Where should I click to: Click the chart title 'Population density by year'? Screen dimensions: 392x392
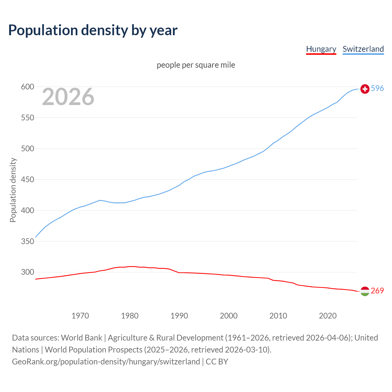coord(93,30)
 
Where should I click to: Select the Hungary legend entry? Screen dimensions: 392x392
coord(321,49)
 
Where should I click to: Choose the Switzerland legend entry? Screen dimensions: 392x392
coord(363,49)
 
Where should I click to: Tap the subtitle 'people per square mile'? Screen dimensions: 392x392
coord(196,65)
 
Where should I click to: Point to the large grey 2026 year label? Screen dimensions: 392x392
coord(68,97)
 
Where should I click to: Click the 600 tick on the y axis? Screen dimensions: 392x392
coord(27,87)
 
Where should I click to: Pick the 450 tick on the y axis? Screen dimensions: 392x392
coord(27,179)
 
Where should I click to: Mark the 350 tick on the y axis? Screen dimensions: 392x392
coord(27,241)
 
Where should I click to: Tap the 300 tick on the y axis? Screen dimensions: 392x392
coord(27,272)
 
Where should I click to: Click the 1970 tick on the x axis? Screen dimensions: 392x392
coord(80,315)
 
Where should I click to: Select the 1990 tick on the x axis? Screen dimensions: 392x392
coord(179,315)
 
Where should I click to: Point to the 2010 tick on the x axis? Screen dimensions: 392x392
coord(278,315)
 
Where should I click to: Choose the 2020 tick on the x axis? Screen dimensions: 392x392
coord(328,315)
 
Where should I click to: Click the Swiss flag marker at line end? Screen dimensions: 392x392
coord(365,89)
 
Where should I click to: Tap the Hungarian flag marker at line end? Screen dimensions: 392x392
coord(365,291)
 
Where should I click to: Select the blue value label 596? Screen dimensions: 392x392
coord(377,89)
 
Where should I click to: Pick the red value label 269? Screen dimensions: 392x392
coord(377,291)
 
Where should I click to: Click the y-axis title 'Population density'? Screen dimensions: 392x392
coord(13,190)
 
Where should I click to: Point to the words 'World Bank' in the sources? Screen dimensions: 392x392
coord(81,338)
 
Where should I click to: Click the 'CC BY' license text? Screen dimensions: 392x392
coord(217,362)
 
